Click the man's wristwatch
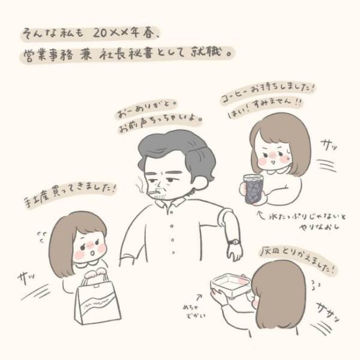[233, 241]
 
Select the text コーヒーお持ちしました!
[268, 86]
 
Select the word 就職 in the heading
[206, 53]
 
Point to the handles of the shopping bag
[95, 274]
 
